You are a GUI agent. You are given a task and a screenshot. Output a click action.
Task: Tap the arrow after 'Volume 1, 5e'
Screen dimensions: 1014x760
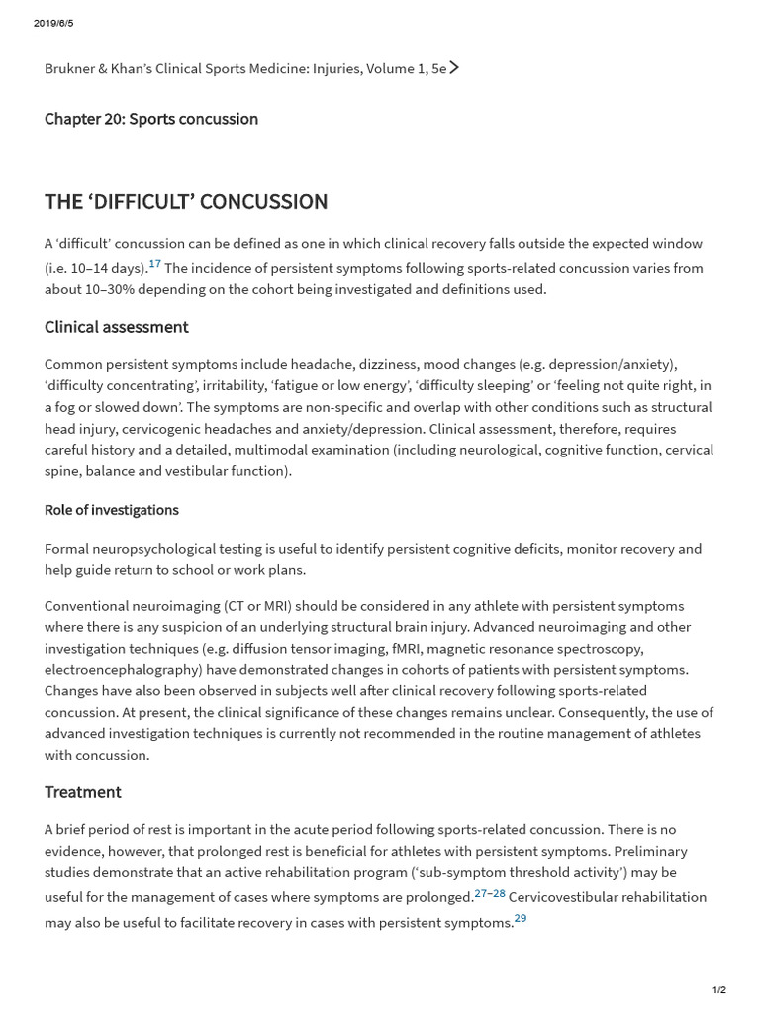(454, 68)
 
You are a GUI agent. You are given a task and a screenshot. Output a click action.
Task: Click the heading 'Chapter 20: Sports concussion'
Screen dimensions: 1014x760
(151, 119)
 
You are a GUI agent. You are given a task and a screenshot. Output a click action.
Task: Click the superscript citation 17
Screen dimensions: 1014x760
(154, 264)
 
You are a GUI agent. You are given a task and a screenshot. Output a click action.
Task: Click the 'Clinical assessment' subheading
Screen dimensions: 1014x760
(117, 327)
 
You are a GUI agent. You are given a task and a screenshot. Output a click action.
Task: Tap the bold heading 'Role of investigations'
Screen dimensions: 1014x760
(112, 510)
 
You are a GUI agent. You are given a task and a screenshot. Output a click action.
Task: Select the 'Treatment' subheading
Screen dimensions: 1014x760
(83, 792)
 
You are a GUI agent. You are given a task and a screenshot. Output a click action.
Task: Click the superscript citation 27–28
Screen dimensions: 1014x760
(490, 893)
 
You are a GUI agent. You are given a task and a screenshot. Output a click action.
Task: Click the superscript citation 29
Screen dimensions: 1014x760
(520, 918)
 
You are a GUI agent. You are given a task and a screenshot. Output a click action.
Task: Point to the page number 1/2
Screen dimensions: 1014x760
(719, 990)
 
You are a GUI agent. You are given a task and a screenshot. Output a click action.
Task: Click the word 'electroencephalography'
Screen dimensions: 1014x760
(121, 669)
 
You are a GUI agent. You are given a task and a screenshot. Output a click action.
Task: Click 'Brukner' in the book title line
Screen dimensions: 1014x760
(71, 69)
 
